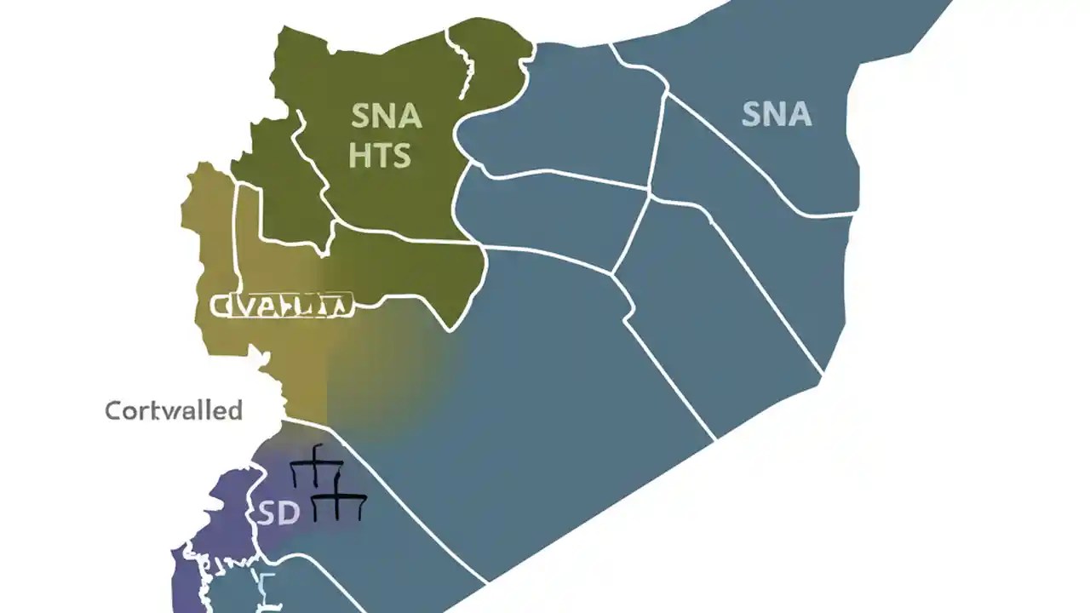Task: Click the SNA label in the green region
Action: click(x=386, y=116)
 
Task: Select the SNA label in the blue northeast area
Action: click(x=777, y=113)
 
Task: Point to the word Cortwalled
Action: click(x=174, y=410)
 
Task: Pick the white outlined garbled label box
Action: click(x=281, y=306)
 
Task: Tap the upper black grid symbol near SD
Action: click(x=316, y=466)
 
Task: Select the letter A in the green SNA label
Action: click(x=409, y=116)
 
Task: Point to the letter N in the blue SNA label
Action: click(x=776, y=113)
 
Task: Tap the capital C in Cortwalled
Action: click(x=112, y=411)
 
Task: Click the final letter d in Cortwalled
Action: click(x=233, y=410)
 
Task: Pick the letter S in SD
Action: click(x=266, y=514)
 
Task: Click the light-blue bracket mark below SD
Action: click(x=264, y=587)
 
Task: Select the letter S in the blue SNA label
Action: click(x=751, y=113)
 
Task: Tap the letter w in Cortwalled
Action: click(x=170, y=411)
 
